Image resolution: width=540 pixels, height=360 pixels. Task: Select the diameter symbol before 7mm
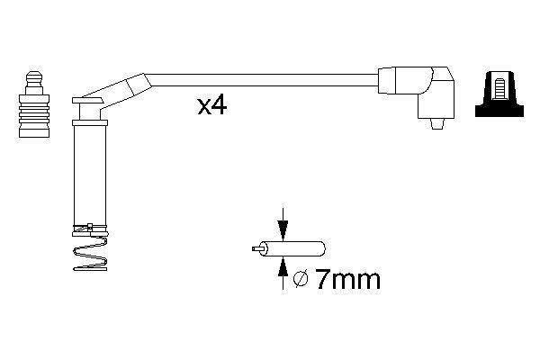(300, 281)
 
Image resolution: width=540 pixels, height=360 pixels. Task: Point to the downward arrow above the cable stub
(283, 225)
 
